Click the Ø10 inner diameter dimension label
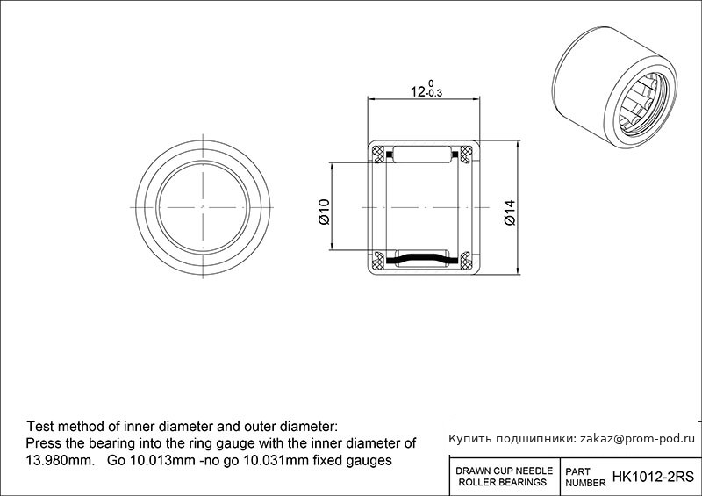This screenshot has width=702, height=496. [x=324, y=212]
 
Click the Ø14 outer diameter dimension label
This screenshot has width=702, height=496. [x=510, y=212]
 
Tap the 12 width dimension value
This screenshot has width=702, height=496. [x=419, y=92]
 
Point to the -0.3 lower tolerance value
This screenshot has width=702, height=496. [x=434, y=94]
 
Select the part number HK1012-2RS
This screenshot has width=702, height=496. [x=653, y=477]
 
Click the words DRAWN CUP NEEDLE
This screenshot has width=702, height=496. [x=504, y=471]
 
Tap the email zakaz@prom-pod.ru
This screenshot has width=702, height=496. [x=637, y=439]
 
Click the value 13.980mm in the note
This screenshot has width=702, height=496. [x=60, y=461]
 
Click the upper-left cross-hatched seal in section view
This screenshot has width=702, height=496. [x=379, y=155]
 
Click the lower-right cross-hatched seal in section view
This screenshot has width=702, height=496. [x=466, y=261]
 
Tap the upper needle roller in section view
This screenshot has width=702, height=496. [x=422, y=155]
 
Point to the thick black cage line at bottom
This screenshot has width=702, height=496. [x=422, y=259]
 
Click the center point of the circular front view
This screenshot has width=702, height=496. [x=203, y=207]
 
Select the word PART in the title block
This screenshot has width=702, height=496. [x=577, y=471]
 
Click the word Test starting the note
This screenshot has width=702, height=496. [x=40, y=426]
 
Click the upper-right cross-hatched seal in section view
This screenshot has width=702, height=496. [x=466, y=155]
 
